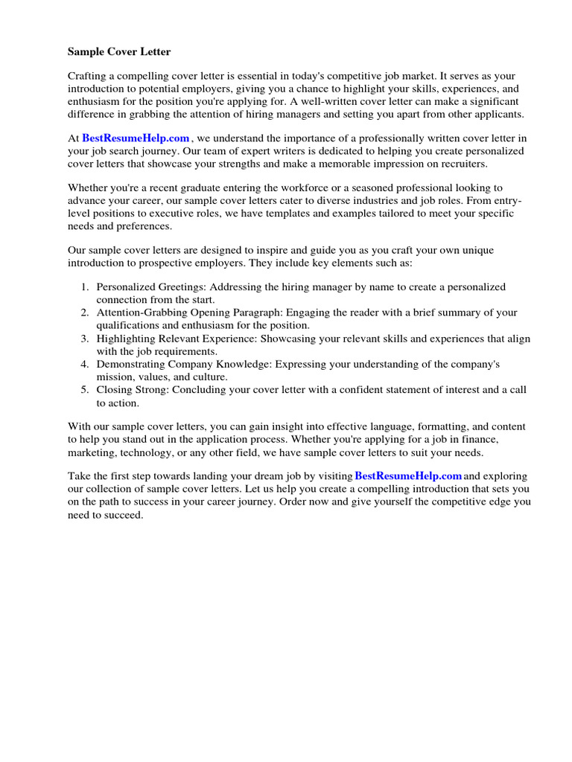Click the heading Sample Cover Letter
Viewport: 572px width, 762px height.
click(x=119, y=52)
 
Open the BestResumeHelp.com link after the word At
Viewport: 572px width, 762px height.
click(x=136, y=138)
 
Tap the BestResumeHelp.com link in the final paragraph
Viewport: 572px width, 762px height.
click(x=408, y=476)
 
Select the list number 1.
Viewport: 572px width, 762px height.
click(x=85, y=287)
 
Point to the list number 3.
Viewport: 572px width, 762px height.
click(x=85, y=339)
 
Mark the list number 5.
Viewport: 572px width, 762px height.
click(x=85, y=391)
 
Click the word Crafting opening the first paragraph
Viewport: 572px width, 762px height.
click(x=89, y=77)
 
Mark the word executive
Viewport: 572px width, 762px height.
click(x=178, y=214)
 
